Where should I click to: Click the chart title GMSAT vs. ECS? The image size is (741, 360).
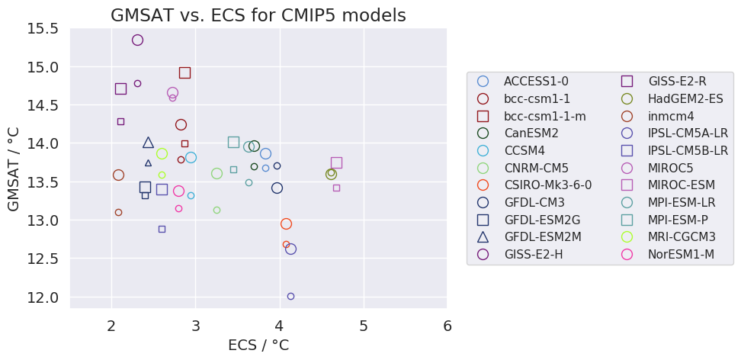258,15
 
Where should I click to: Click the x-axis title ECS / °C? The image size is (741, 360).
258,345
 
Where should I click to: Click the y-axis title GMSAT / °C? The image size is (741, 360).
14,169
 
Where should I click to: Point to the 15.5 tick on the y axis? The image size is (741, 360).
43,29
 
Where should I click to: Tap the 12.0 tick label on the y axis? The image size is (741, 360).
43,297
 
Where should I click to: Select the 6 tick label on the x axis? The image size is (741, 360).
447,326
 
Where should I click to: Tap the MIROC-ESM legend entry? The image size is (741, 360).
682,185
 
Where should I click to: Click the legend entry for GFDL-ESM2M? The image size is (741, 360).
542,236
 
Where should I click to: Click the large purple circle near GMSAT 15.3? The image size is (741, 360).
137,40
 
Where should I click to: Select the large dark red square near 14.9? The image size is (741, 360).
184,72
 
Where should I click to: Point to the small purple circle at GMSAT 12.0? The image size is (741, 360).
290,296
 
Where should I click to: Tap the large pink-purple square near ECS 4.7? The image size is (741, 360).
336,162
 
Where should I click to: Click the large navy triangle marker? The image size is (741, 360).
148,143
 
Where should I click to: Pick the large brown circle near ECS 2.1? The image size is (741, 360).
118,175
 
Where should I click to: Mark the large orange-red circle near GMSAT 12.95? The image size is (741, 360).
286,223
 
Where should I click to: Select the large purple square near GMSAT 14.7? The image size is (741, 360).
120,88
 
